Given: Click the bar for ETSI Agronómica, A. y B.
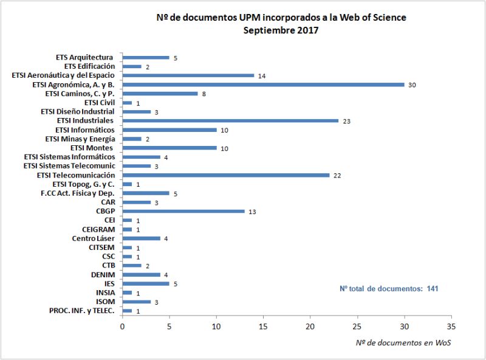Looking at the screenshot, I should click(263, 85).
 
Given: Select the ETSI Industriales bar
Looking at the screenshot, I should click(230, 120).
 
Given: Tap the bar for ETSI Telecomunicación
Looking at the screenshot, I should click(225, 175).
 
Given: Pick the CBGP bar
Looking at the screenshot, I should click(183, 211).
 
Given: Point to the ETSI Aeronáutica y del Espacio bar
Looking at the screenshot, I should click(188, 75).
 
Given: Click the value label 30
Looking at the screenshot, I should click(412, 85).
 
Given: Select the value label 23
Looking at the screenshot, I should click(346, 121).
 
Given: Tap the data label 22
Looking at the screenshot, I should click(337, 176).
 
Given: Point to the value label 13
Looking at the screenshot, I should click(253, 212).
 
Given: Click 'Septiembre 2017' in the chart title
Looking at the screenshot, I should click(281, 30).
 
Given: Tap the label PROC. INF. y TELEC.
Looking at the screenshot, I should click(82, 311).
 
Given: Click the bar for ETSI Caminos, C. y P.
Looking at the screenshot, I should click(160, 94).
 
